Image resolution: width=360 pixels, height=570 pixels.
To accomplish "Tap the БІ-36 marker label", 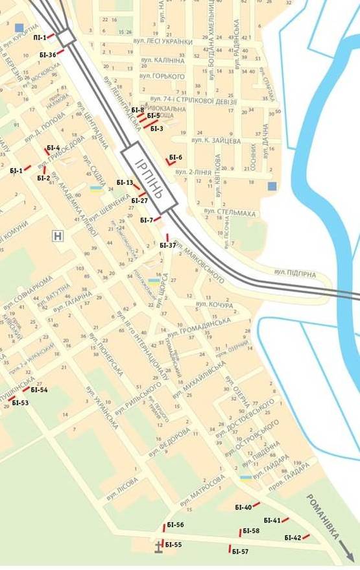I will [47, 55].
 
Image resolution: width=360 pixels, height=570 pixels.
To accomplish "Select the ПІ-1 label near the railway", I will [40, 38].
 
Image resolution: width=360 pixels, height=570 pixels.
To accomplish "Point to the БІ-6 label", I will [176, 158].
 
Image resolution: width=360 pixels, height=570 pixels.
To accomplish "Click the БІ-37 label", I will [168, 245].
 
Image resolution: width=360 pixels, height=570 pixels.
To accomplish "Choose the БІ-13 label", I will [125, 183].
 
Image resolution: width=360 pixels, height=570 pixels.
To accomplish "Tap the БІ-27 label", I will [140, 200].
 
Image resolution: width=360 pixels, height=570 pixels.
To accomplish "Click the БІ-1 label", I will [16, 171].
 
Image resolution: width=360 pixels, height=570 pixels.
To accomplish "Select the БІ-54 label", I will [40, 390].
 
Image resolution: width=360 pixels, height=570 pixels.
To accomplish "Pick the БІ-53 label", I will [21, 403].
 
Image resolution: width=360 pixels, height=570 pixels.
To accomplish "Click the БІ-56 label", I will [175, 525].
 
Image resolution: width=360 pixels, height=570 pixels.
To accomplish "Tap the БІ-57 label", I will [240, 551].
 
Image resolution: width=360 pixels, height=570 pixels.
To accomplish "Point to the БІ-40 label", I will [243, 507].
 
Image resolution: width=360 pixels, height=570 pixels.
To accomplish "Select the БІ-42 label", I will [293, 538].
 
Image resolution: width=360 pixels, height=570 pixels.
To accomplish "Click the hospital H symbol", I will [58, 236].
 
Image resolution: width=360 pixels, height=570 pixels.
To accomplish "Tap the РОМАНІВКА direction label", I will [324, 516].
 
